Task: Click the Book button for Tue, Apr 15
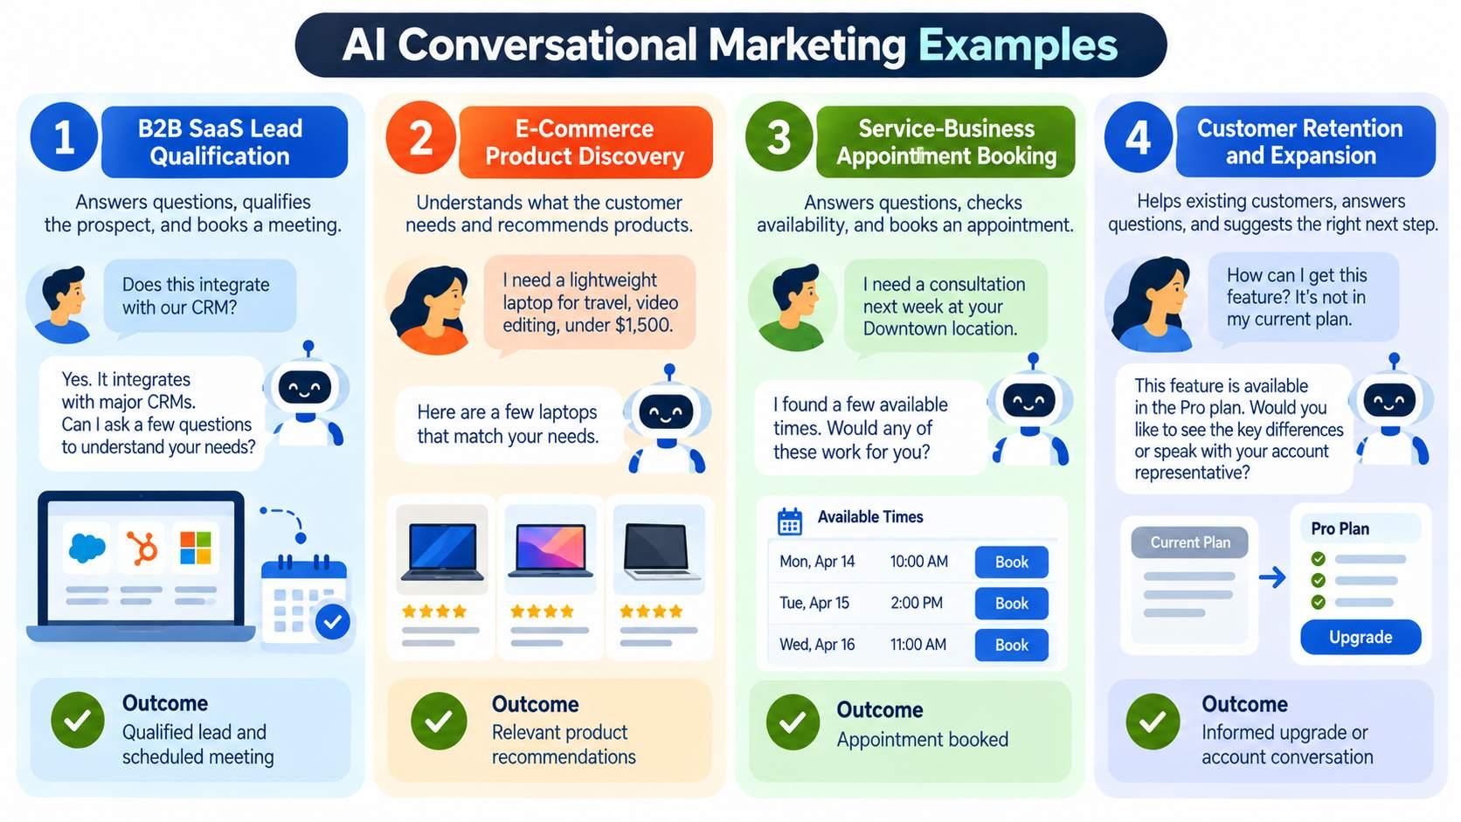[1012, 604]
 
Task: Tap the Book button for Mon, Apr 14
[1012, 562]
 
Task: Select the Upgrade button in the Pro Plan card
[1361, 637]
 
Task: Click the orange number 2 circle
[420, 137]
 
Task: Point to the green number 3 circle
[779, 137]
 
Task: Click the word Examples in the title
[1018, 45]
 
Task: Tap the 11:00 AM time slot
[917, 645]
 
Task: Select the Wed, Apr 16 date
[817, 645]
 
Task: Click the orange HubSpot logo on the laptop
[142, 548]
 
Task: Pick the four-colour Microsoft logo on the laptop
[196, 548]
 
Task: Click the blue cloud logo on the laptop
[87, 548]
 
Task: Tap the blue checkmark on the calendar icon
[333, 622]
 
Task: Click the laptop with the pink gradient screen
[550, 551]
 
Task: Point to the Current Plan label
[1189, 542]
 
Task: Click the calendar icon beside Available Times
[790, 522]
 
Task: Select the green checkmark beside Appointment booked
[793, 722]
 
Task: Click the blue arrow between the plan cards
[1272, 577]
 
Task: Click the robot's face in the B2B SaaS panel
[305, 389]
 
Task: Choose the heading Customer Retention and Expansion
[1299, 142]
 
